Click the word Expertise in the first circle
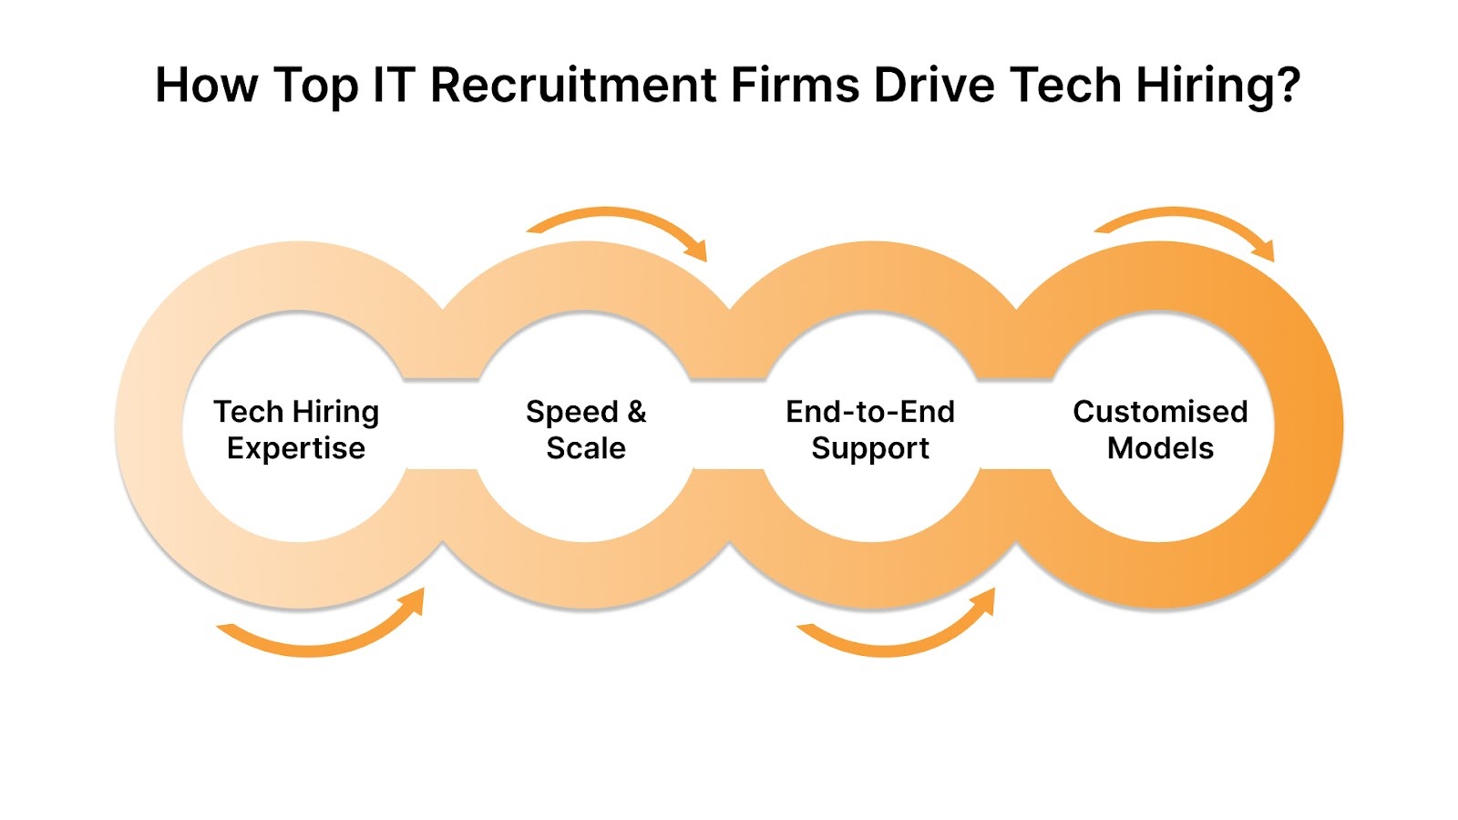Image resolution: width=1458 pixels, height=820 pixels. (296, 449)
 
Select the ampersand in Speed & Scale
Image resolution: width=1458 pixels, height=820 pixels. (636, 412)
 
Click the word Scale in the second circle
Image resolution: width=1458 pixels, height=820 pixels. (586, 448)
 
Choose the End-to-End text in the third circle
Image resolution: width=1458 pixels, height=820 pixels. (870, 412)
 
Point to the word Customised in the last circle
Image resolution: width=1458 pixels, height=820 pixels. (1160, 412)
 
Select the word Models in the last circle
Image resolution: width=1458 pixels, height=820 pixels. (1160, 448)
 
